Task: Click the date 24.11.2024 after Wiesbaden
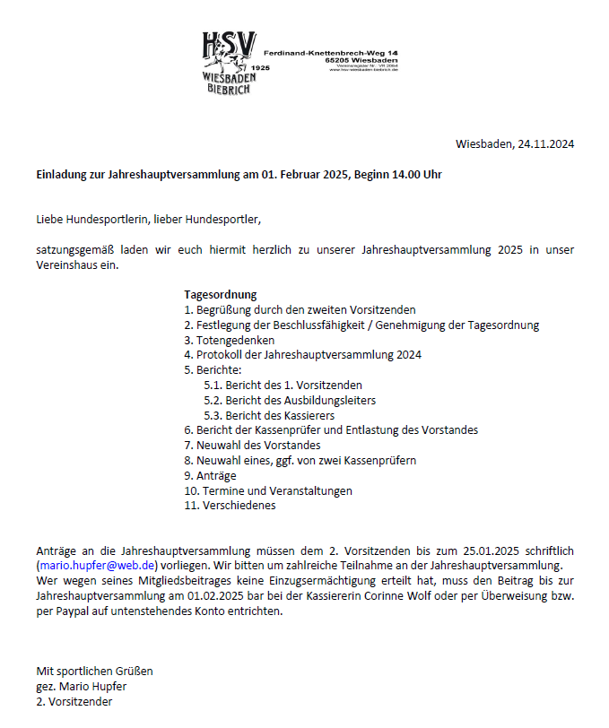(546, 143)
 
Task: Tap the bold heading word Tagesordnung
(221, 294)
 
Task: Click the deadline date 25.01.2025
(492, 550)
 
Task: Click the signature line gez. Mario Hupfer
(82, 686)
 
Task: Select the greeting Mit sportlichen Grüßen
(95, 671)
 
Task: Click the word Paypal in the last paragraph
(72, 611)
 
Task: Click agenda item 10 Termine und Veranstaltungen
(268, 490)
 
